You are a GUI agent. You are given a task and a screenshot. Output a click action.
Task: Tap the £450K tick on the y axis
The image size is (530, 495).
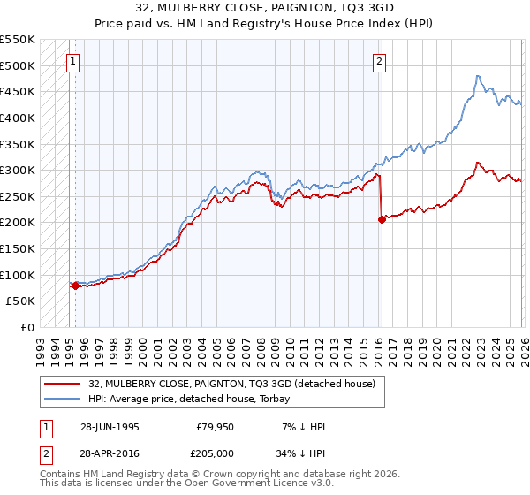point(18,92)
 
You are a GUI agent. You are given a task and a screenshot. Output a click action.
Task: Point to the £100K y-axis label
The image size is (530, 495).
point(18,275)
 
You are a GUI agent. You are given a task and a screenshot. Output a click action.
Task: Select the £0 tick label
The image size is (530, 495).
point(26,327)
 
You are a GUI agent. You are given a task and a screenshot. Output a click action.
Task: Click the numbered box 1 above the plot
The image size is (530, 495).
point(72,62)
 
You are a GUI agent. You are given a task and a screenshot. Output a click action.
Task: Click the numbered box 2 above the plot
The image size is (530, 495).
point(379,62)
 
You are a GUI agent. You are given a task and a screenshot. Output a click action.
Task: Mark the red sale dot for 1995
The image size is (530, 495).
point(75,286)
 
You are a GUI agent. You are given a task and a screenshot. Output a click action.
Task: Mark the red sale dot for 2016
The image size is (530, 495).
point(382,220)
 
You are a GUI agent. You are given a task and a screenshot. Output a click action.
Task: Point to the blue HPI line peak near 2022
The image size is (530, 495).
point(477,76)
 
